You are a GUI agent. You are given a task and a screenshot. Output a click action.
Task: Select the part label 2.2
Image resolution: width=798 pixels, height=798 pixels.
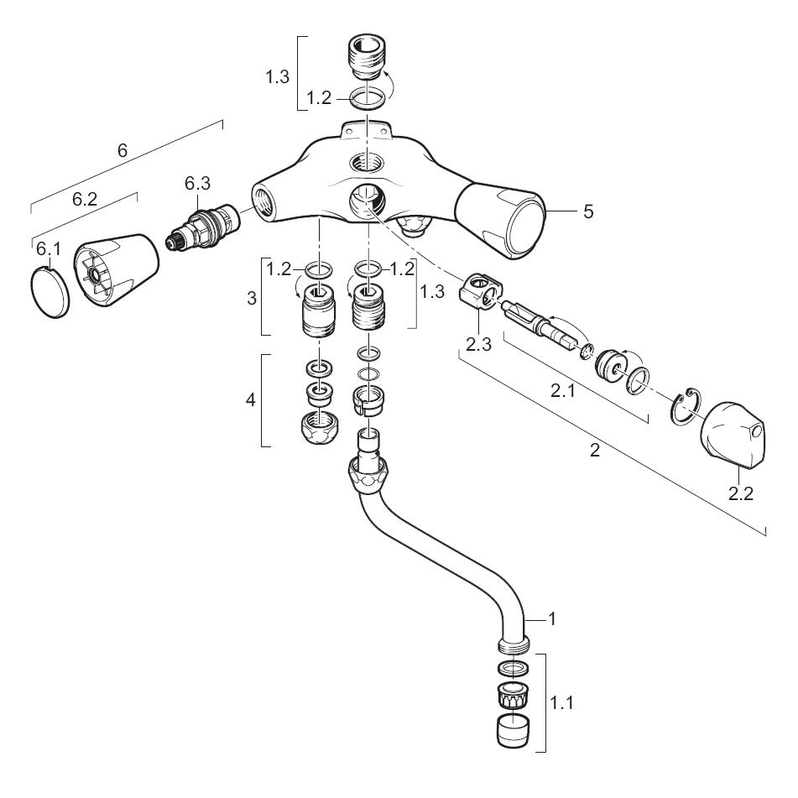pos(740,493)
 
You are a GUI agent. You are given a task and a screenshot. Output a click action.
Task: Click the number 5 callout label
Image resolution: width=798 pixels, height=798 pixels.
pos(588,211)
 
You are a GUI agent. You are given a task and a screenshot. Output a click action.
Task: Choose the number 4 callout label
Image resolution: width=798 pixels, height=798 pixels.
pos(248,399)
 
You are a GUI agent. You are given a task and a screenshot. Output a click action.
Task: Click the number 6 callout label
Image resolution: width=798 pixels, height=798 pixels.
pos(123,151)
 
